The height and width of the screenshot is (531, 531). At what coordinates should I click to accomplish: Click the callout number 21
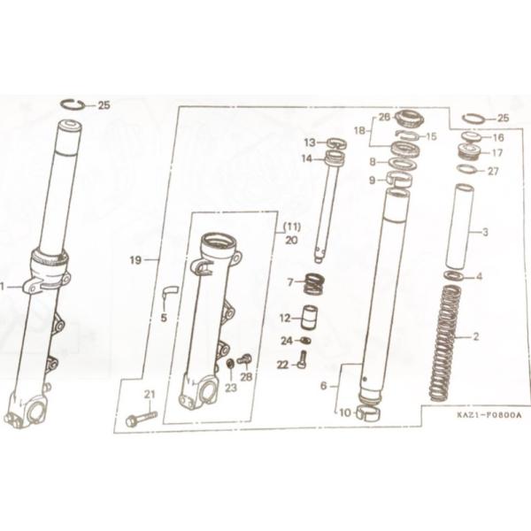point(150,394)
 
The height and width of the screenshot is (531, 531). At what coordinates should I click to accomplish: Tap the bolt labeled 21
point(142,419)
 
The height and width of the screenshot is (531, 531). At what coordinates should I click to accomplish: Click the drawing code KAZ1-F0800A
point(489,415)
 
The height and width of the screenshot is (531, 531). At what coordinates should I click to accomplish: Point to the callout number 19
point(135,260)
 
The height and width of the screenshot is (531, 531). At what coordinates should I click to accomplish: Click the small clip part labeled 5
point(170,292)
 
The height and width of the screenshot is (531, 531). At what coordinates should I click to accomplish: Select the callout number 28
point(246,377)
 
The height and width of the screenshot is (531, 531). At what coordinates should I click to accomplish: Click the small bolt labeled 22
point(303,359)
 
